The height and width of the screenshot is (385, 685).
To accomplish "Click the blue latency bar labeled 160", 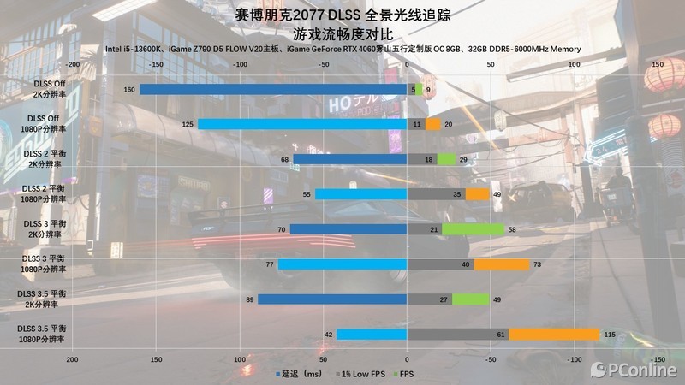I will [273, 89].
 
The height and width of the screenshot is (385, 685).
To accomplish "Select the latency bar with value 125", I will [302, 124].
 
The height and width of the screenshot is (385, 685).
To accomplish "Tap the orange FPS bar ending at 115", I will [554, 334].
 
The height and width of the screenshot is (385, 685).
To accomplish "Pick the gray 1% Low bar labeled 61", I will [458, 334].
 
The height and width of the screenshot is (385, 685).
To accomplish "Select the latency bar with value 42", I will [372, 334].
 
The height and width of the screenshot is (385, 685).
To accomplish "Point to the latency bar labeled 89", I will [332, 299].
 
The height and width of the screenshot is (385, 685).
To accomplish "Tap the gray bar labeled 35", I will [437, 194].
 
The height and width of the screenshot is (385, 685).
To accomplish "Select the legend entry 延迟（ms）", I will [299, 374].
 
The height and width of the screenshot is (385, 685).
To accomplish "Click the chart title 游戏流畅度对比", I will [342, 34].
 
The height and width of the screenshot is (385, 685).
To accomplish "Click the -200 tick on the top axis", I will [73, 64].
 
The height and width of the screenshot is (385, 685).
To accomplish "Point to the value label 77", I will [269, 264].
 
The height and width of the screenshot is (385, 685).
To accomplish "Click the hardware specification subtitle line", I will [342, 49].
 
